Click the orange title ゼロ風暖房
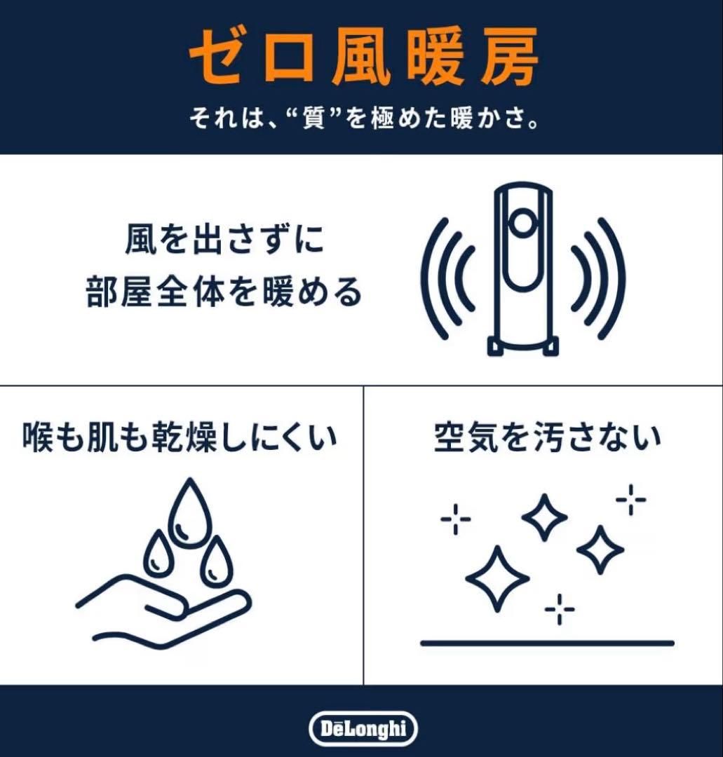[x=363, y=58]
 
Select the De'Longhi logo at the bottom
[x=362, y=729]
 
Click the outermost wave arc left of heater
[x=429, y=279]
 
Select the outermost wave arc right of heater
[x=617, y=279]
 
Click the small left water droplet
[x=158, y=554]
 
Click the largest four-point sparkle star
[x=497, y=578]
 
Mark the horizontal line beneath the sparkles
[x=546, y=643]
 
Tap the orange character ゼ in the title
[x=215, y=58]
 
